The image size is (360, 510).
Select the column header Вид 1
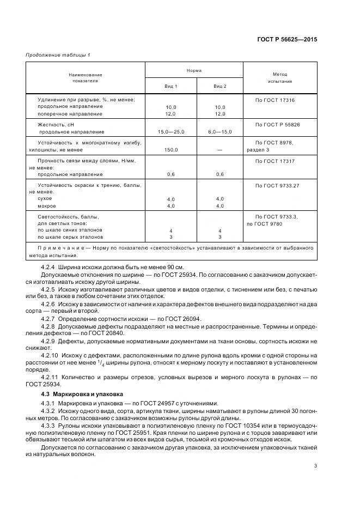tap(171, 87)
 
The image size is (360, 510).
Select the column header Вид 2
tap(220, 87)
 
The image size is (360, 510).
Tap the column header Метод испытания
tap(280, 77)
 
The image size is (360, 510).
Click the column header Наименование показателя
tap(85, 77)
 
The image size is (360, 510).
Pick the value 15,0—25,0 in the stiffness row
tap(171, 132)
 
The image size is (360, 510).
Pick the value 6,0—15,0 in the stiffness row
tap(220, 132)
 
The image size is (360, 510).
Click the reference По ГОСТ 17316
tap(275, 100)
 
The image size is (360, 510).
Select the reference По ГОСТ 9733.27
tap(277, 186)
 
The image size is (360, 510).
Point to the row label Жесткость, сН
tap(54, 125)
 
